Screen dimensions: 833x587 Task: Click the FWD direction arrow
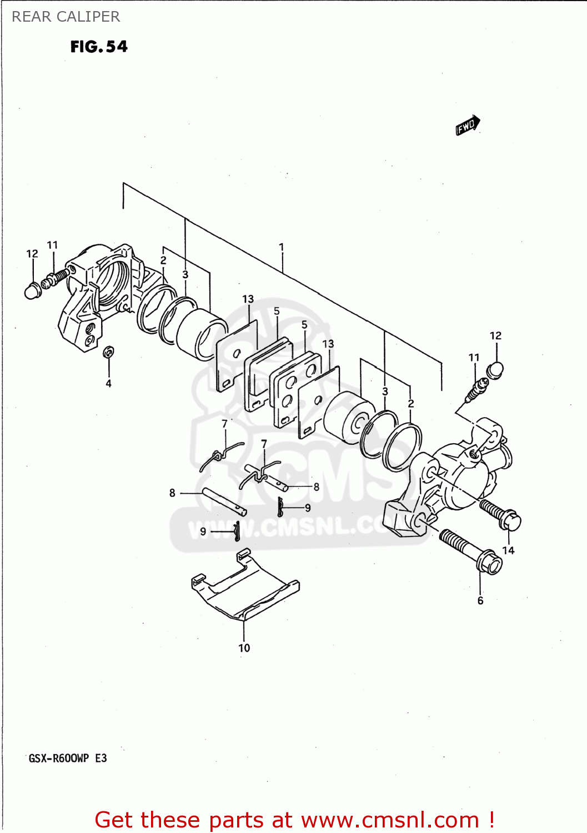(x=467, y=126)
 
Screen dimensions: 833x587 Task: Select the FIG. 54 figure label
(x=99, y=47)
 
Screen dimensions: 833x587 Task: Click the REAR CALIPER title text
(x=66, y=17)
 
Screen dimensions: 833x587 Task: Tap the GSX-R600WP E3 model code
(x=68, y=758)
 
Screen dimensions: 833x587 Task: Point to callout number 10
(x=244, y=648)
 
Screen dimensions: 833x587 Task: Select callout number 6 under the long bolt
(x=480, y=600)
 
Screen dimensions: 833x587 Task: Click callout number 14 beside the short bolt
(x=508, y=550)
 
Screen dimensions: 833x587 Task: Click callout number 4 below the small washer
(x=109, y=383)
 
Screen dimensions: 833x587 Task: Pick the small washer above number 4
(x=109, y=352)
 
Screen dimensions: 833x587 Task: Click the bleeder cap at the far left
(x=32, y=290)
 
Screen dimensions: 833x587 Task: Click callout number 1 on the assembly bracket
(x=282, y=247)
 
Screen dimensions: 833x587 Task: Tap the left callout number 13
(x=248, y=299)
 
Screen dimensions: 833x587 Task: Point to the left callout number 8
(x=172, y=493)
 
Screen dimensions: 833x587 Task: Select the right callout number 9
(x=308, y=508)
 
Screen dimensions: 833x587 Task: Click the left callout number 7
(x=224, y=424)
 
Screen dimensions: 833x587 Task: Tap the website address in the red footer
(x=390, y=820)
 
